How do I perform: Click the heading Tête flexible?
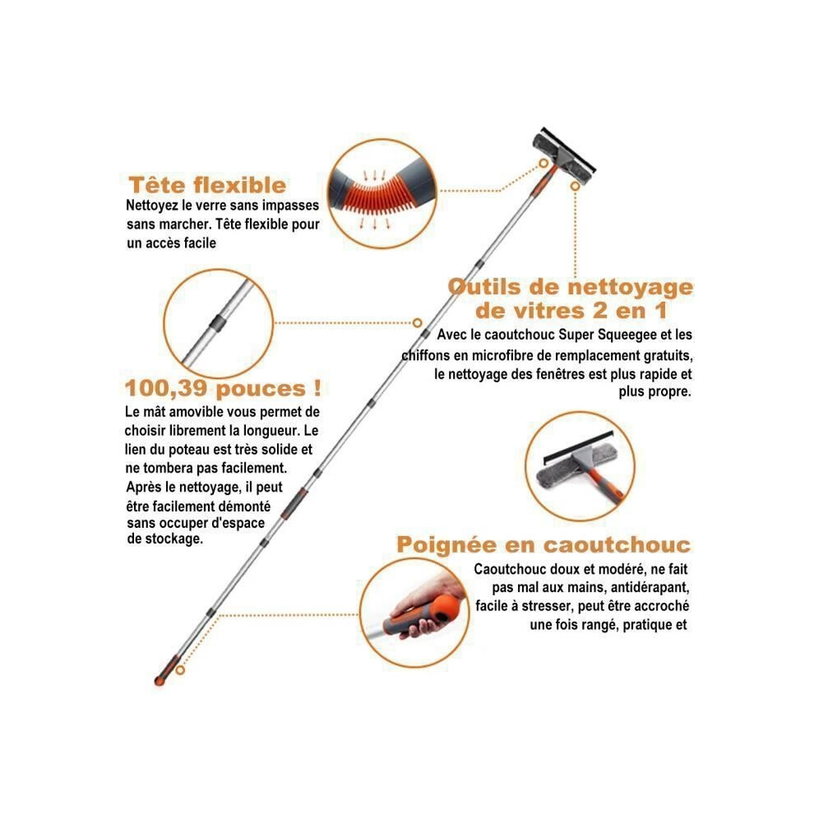coord(207,185)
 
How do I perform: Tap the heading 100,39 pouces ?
coord(223,388)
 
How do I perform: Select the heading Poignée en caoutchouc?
coord(543,545)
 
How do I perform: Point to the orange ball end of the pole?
coord(160,681)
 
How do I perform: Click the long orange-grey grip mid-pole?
coord(294,502)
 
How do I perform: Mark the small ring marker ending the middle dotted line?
coord(417,323)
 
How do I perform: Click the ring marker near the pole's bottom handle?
coord(180,670)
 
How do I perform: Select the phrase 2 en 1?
coord(630,311)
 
